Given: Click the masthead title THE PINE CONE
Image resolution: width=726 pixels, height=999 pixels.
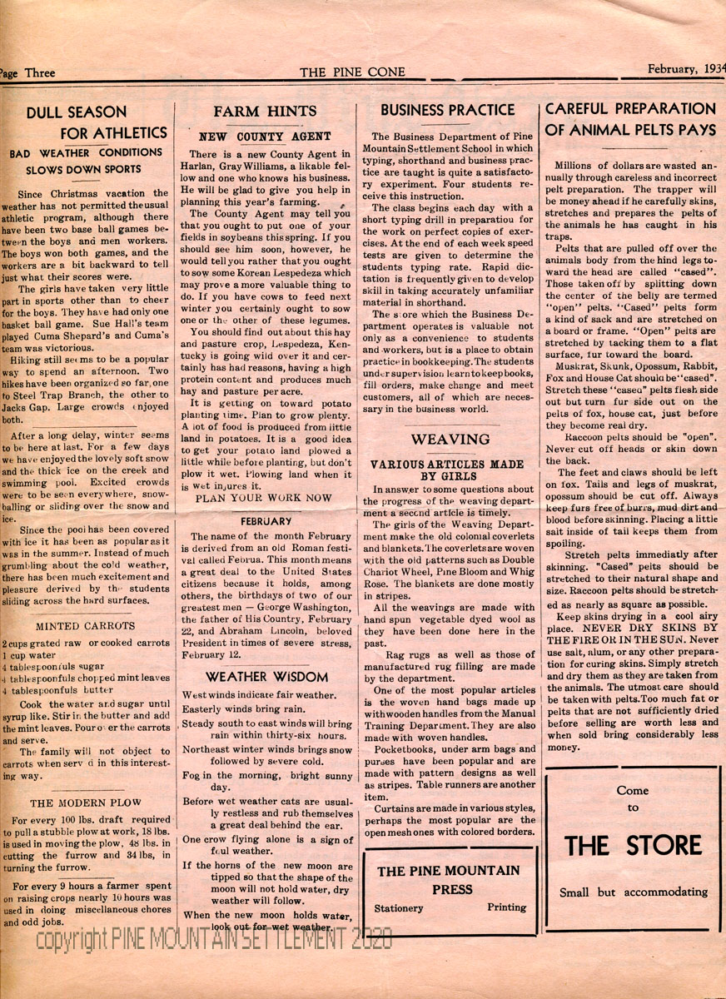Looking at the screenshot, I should (354, 72).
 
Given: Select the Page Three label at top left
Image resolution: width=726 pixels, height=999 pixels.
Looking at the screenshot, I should (28, 72).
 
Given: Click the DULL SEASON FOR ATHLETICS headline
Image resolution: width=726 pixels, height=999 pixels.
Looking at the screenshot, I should (87, 122).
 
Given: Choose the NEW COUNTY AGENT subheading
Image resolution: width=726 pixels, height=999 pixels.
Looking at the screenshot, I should (264, 136).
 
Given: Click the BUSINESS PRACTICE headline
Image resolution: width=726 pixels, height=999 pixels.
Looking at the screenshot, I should (448, 110).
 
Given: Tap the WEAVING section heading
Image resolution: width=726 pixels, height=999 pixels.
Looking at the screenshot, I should (450, 440).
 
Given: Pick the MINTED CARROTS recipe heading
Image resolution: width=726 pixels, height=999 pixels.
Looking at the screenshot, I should (86, 626).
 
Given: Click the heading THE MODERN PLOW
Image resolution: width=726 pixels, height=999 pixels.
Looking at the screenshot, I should (86, 803).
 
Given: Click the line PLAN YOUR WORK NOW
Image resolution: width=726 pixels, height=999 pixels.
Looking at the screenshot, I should (264, 498).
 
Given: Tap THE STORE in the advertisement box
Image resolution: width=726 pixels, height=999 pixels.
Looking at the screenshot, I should (633, 846).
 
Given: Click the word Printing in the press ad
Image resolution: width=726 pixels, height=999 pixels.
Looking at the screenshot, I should (506, 907).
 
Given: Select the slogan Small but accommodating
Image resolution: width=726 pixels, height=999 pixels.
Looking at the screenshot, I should (633, 892).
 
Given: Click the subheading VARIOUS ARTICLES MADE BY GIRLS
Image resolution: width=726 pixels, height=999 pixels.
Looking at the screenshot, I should (447, 470).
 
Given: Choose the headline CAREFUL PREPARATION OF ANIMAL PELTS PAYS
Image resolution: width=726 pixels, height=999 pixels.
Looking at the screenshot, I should (630, 119).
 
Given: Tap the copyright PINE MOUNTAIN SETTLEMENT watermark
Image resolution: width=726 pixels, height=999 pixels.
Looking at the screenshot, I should (213, 940).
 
